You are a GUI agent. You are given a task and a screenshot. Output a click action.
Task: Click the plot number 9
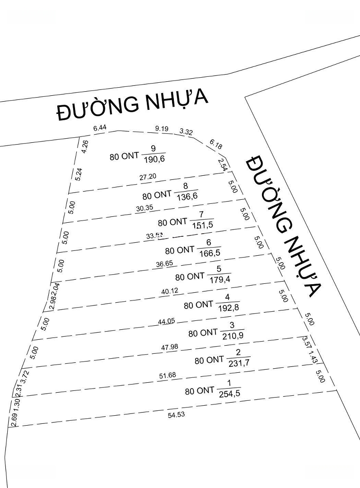coord(153,149)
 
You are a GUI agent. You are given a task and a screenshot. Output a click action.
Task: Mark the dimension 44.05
coord(166,321)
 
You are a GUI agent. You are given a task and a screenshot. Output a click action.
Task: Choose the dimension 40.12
coord(169,291)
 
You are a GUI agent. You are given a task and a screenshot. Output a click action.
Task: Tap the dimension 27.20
coord(148,177)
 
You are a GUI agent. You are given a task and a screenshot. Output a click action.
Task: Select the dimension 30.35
coord(144,209)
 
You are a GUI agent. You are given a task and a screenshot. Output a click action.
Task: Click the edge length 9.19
coord(161,129)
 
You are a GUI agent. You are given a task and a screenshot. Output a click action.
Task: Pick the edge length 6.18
coord(216,145)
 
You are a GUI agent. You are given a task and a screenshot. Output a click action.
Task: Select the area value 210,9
coord(233,335)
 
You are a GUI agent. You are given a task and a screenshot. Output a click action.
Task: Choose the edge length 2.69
coord(13,420)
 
